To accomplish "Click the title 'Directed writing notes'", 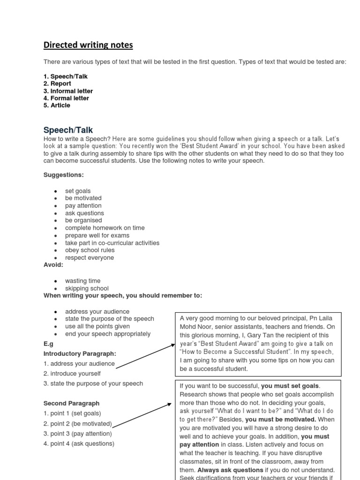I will point(88,45).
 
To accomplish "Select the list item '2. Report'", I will point(57,83).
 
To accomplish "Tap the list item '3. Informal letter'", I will point(68,91).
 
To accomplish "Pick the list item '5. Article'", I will point(57,105).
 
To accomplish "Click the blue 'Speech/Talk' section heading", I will point(68,130).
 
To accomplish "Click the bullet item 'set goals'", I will point(78,191).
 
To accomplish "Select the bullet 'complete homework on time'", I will point(105,228).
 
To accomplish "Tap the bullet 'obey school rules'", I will point(90,250).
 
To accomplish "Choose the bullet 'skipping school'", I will point(87,288).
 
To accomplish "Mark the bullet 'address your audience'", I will point(97,311).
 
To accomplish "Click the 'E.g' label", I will point(48,343).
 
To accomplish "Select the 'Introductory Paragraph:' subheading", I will point(80,353).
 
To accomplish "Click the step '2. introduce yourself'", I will point(72,374).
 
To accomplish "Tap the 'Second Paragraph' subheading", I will point(71,403).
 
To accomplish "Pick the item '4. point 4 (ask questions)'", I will point(79,443).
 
